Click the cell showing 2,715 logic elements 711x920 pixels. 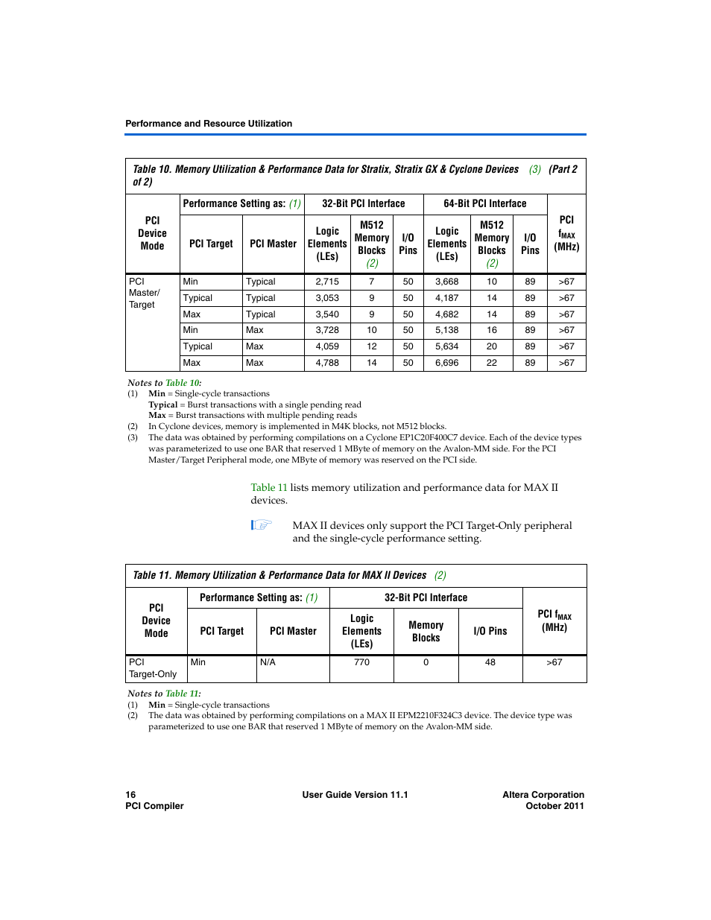coord(327,282)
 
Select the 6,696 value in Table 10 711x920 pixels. coord(446,363)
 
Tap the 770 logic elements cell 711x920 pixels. coord(361,662)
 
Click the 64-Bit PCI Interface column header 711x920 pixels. coord(484,203)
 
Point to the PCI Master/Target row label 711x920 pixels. coord(144,293)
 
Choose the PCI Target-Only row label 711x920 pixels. coord(153,668)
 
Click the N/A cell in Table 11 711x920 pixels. coord(268,662)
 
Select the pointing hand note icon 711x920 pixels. coord(262,525)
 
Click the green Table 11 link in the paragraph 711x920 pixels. coord(268,488)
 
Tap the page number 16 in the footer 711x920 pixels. coord(130,795)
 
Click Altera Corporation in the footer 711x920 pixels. coord(543,795)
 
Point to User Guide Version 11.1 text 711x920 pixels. coord(355,795)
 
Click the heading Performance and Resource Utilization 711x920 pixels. coord(209,124)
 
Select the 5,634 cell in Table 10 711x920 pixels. coord(446,346)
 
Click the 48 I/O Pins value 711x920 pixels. coord(490,662)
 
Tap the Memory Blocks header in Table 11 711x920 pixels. coord(426,632)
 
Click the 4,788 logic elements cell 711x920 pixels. coord(327,363)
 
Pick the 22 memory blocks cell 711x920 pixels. coord(491,363)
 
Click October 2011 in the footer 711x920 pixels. coord(554,806)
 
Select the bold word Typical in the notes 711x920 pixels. coord(162,405)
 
